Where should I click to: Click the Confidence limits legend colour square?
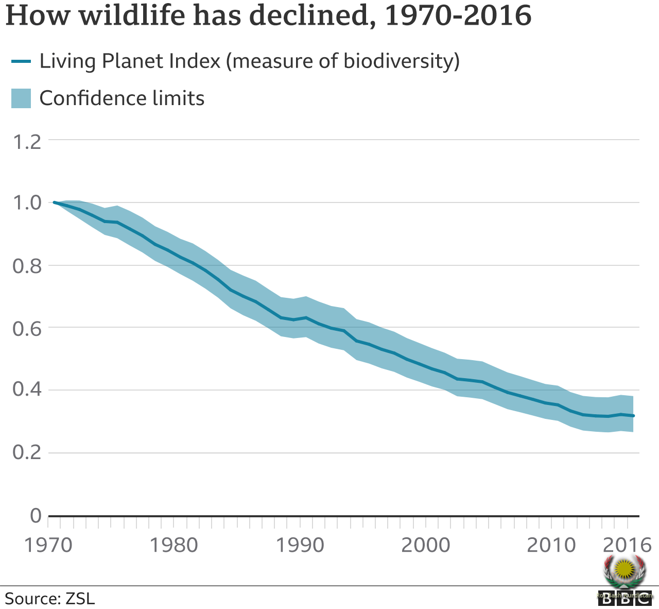click(21, 98)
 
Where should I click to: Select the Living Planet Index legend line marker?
click(21, 61)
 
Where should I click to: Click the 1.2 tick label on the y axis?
click(26, 142)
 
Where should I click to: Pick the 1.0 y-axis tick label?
click(26, 202)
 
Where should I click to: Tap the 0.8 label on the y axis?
click(26, 266)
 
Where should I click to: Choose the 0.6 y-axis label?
click(26, 328)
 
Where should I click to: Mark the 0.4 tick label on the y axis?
click(26, 391)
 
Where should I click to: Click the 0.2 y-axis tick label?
click(26, 453)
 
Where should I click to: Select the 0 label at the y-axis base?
click(36, 515)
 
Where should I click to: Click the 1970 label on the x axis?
click(49, 545)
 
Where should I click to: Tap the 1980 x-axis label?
click(174, 545)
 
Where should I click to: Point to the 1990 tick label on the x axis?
click(300, 545)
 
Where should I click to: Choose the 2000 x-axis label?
click(426, 545)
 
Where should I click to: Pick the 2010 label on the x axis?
click(551, 545)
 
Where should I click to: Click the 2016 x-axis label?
click(627, 545)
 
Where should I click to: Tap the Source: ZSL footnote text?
click(50, 599)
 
